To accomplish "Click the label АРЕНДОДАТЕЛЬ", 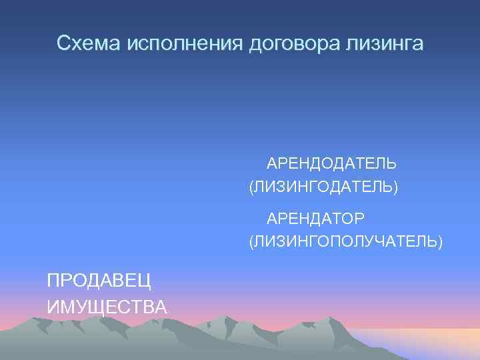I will (331, 163).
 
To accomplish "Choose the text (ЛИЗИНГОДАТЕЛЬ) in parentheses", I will (323, 187).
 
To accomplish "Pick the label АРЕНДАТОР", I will (315, 218).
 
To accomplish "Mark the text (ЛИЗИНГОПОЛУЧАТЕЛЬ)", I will (345, 241).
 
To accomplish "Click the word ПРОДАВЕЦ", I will (99, 281).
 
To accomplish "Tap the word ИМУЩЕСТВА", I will (107, 307).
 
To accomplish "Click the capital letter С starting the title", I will (63, 43).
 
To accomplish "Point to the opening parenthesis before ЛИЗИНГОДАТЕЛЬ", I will (251, 188).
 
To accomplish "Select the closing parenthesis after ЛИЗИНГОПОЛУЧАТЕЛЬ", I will (439, 241).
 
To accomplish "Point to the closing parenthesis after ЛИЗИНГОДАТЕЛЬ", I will (396, 188).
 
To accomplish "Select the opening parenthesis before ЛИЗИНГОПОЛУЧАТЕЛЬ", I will (251, 241).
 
